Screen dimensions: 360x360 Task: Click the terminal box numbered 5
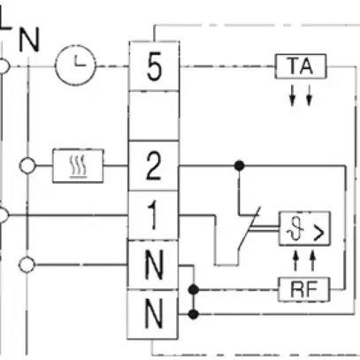coord(154,69)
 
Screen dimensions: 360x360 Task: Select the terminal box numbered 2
coord(154,165)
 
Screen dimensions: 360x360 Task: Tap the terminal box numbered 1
coord(154,214)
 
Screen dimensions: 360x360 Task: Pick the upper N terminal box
coord(154,264)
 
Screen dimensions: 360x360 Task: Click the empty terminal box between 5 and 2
coord(154,117)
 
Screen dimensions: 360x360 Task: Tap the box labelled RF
coord(300,288)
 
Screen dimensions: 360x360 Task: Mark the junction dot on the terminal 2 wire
coord(238,165)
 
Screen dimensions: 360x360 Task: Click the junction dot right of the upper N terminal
coord(203,288)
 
